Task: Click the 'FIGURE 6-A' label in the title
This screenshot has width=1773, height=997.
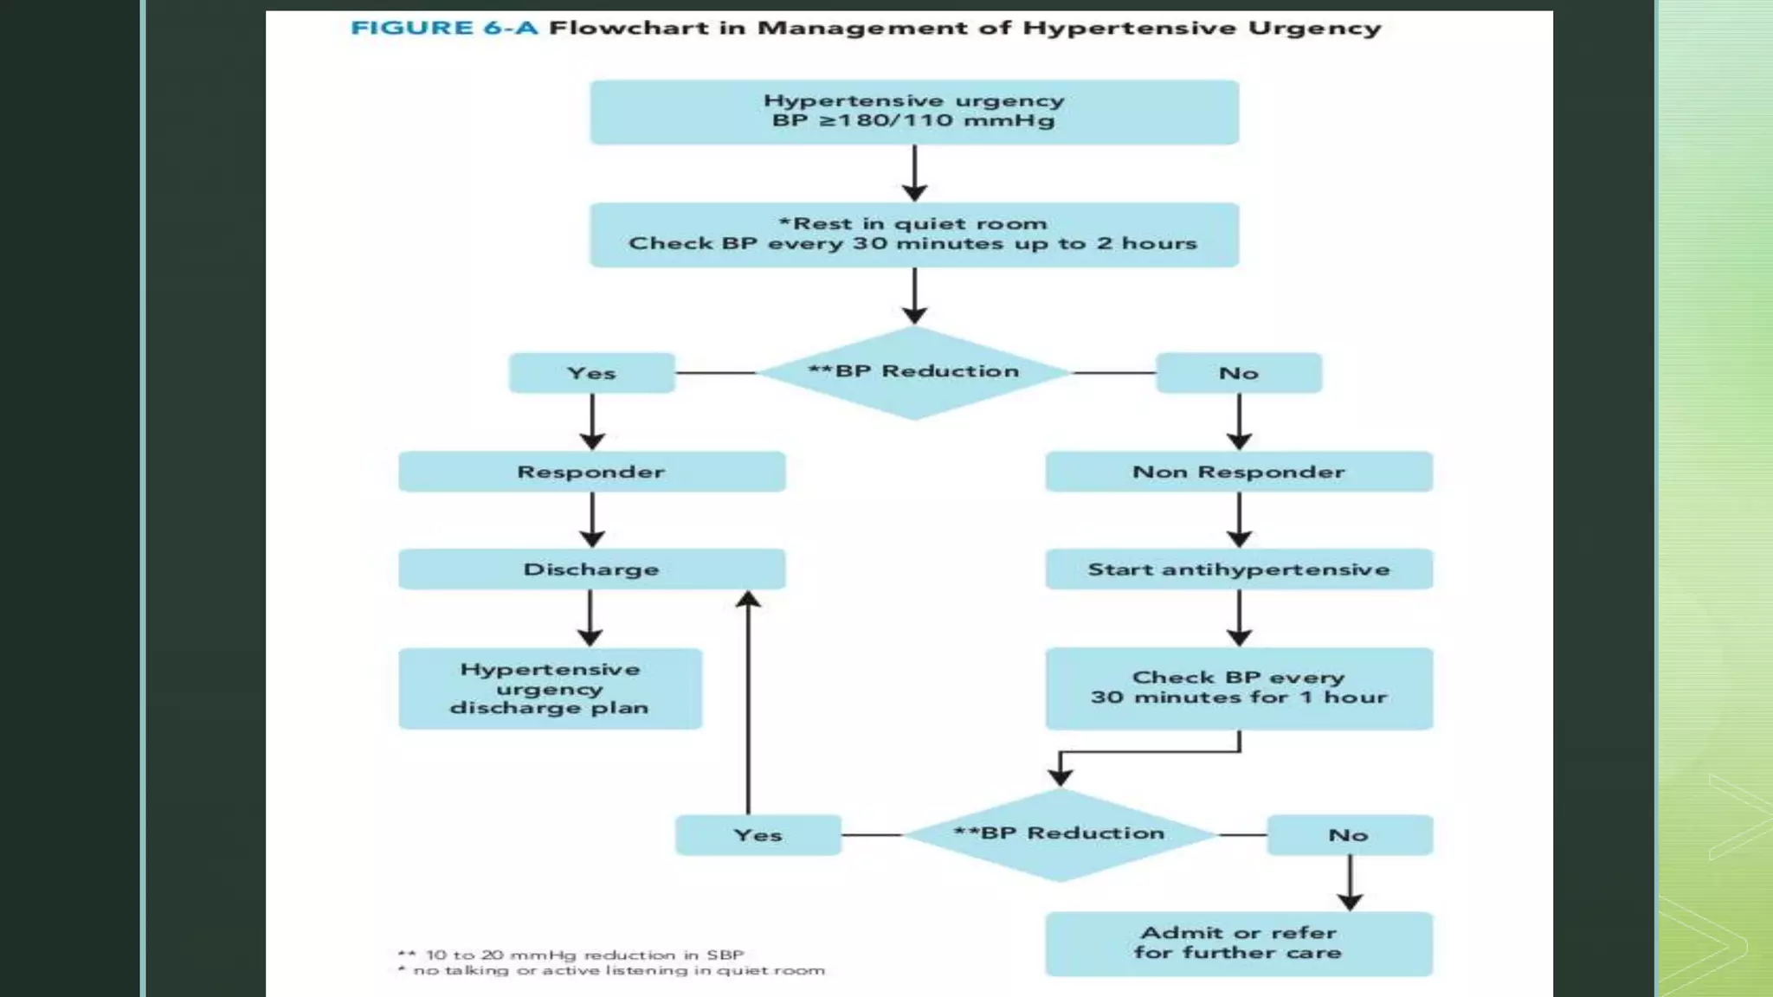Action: click(x=443, y=28)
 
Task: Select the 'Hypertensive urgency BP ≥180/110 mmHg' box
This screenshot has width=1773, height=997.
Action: click(x=913, y=112)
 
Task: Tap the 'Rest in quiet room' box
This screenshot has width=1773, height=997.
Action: click(x=913, y=235)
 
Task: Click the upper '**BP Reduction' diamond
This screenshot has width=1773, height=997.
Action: click(x=913, y=372)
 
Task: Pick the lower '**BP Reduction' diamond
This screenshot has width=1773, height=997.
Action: click(x=1060, y=834)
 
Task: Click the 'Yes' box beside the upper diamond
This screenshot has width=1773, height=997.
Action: click(x=591, y=373)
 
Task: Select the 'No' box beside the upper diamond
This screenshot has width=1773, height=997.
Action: click(x=1238, y=373)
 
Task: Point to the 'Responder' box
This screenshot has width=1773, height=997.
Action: click(x=591, y=472)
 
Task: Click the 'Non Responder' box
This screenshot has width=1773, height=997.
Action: click(x=1238, y=472)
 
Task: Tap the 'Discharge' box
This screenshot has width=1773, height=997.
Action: click(x=591, y=569)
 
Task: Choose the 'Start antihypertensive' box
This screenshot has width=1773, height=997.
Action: click(x=1238, y=569)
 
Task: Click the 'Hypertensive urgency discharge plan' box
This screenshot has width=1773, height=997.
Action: click(x=550, y=689)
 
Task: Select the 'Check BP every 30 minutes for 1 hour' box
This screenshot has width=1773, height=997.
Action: click(x=1238, y=688)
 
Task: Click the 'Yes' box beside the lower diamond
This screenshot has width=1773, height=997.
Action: click(x=758, y=835)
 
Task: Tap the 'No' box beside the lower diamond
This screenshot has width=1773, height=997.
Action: click(x=1349, y=835)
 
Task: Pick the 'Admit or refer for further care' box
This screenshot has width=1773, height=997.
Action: click(x=1238, y=943)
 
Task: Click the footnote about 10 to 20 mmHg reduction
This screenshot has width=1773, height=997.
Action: click(x=571, y=955)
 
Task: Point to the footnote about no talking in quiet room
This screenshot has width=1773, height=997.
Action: click(x=611, y=971)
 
